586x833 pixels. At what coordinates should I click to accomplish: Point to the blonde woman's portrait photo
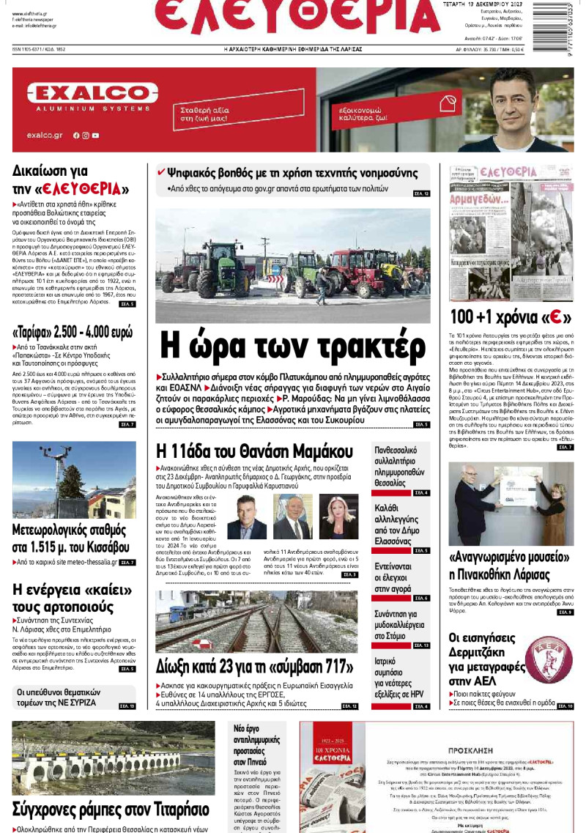[337, 517]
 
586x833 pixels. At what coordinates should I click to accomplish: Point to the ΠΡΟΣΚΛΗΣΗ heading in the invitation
[438, 752]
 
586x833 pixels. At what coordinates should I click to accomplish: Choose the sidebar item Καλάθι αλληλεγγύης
[398, 520]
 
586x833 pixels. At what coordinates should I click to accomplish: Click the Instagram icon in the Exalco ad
[86, 136]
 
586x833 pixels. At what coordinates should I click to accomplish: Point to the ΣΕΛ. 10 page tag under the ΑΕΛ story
[565, 706]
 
